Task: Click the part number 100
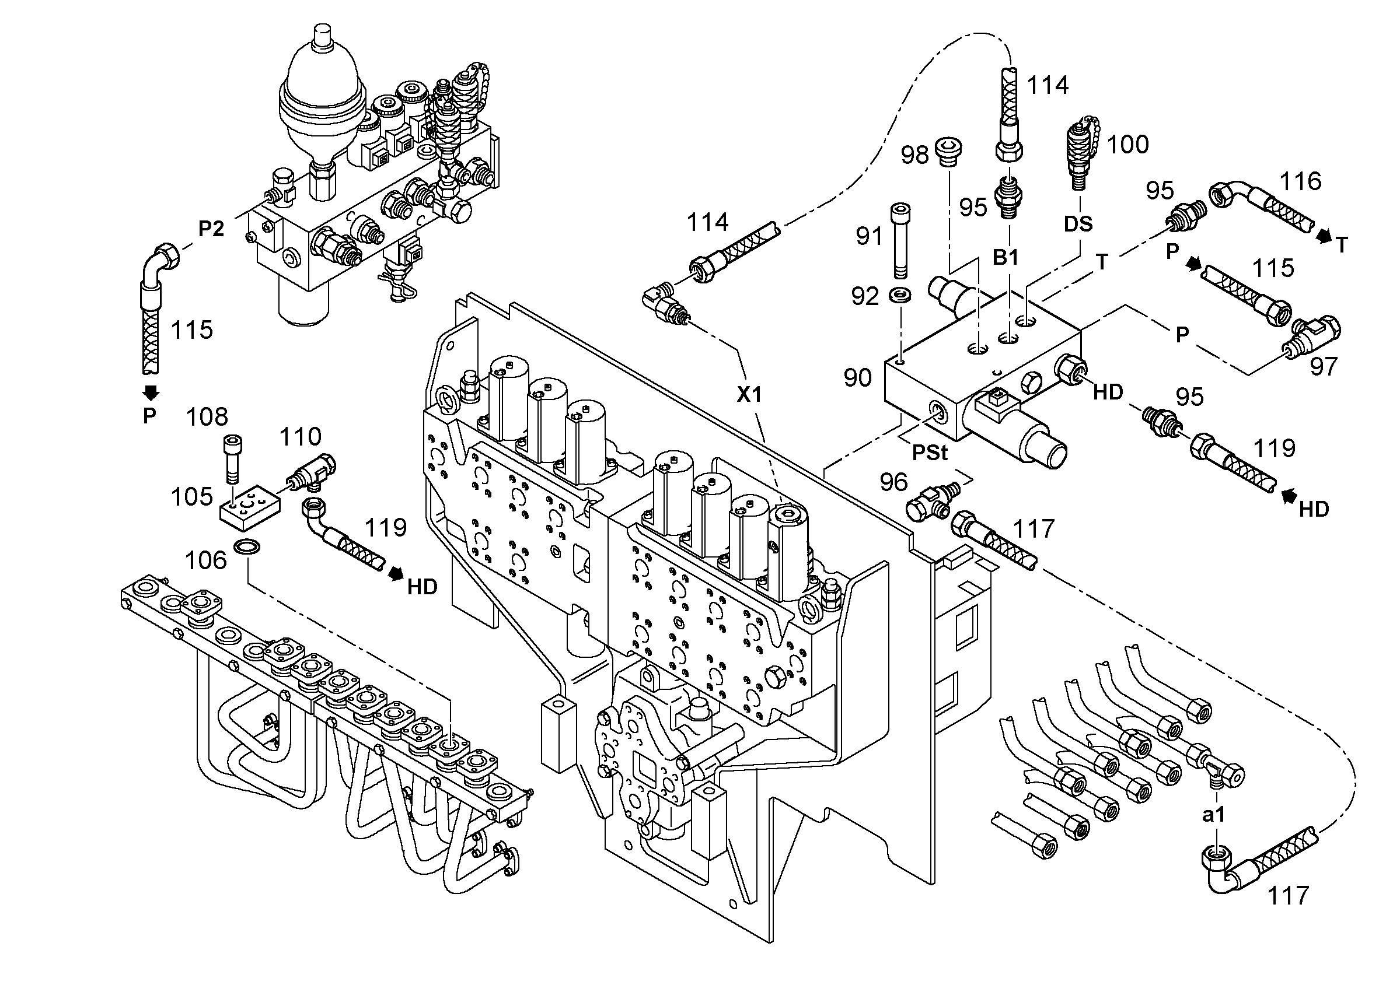(x=1128, y=145)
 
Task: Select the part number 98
(x=914, y=155)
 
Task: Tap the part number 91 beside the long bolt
(x=869, y=236)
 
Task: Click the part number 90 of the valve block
(x=858, y=378)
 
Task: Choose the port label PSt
(x=930, y=452)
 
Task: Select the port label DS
(x=1078, y=223)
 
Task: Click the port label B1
(x=1005, y=258)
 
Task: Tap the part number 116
(x=1301, y=181)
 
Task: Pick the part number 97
(x=1324, y=366)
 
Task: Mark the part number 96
(x=894, y=482)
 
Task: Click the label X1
(x=749, y=395)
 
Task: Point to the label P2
(x=211, y=229)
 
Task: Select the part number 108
(x=207, y=417)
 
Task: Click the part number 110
(x=301, y=436)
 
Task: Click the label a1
(x=1214, y=815)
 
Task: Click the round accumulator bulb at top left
(x=322, y=97)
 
